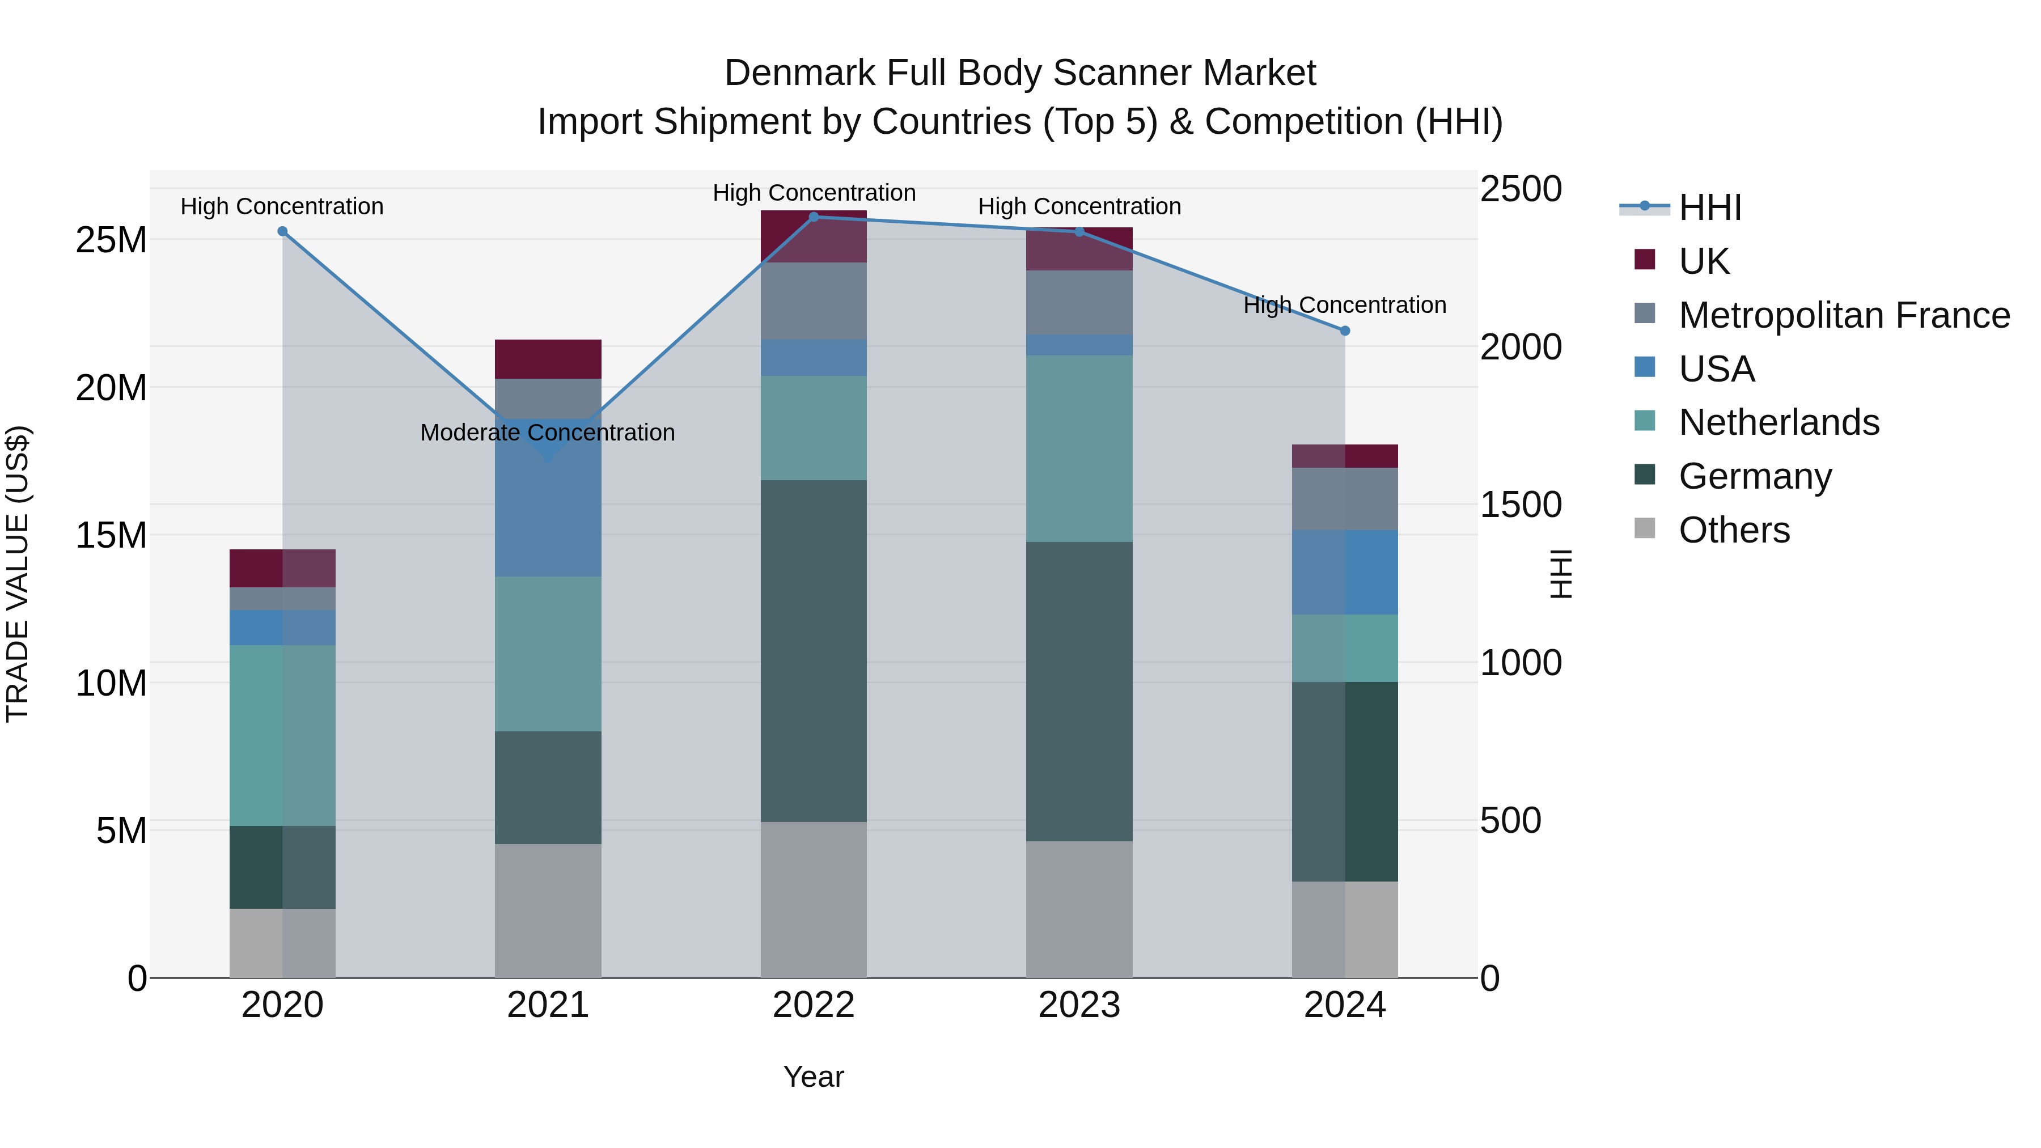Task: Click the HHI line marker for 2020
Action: (282, 231)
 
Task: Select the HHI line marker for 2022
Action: (814, 217)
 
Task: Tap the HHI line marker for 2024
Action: (1345, 331)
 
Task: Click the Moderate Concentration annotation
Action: (548, 433)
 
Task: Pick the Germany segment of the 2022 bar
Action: (814, 650)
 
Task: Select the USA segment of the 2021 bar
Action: (548, 507)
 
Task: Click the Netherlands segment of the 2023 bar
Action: (1079, 448)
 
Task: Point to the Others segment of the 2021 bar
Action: (548, 910)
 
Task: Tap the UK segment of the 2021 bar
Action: (548, 359)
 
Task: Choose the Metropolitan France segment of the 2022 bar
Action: (814, 301)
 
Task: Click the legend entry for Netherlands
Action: (1779, 422)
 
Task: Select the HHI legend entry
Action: (1710, 207)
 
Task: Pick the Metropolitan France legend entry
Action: (1844, 315)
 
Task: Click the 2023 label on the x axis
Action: (1079, 1005)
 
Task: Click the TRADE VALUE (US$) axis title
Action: (18, 574)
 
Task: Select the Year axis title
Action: (814, 1077)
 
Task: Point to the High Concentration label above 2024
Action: (1345, 305)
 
